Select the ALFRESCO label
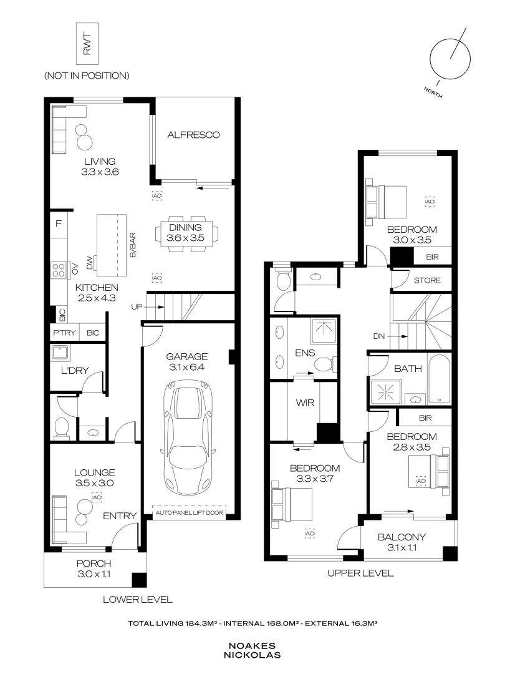pyautogui.click(x=194, y=134)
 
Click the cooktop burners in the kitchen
pyautogui.click(x=60, y=270)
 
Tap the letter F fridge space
pyautogui.click(x=58, y=223)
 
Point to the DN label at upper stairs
pyautogui.click(x=380, y=336)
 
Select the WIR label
pyautogui.click(x=304, y=403)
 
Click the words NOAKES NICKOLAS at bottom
pyautogui.click(x=252, y=651)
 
